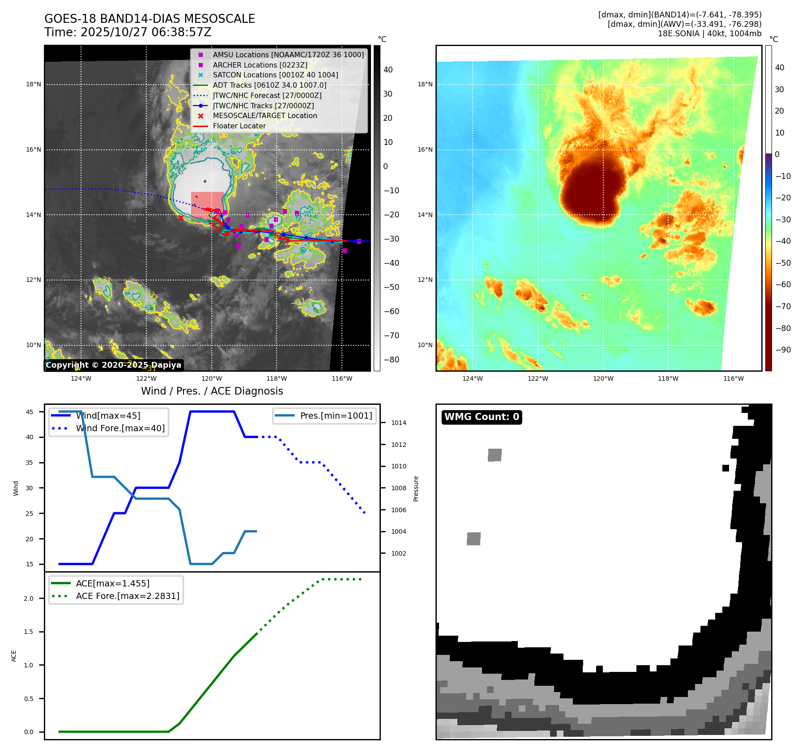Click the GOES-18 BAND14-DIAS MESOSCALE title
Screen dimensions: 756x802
(149, 19)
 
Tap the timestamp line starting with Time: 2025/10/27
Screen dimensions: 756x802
(128, 32)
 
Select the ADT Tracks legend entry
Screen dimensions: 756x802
(269, 85)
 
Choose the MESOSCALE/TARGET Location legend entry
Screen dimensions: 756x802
(264, 115)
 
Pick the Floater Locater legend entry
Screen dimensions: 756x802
(239, 126)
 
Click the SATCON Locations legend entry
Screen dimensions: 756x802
(275, 75)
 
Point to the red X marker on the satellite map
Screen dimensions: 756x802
(181, 218)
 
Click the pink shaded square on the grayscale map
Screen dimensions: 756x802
(207, 204)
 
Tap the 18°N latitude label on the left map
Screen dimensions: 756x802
(34, 84)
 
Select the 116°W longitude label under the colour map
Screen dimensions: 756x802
(734, 378)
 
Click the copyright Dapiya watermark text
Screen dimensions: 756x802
(114, 365)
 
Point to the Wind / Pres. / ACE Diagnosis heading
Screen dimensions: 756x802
(212, 391)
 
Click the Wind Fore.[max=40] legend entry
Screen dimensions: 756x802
(120, 428)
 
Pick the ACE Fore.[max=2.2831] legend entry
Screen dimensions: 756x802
(128, 596)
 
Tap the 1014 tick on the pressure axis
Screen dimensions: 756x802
(398, 423)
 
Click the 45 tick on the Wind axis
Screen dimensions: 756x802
(30, 412)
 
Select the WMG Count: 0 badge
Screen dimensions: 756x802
(482, 417)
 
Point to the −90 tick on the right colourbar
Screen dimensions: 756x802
(783, 350)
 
